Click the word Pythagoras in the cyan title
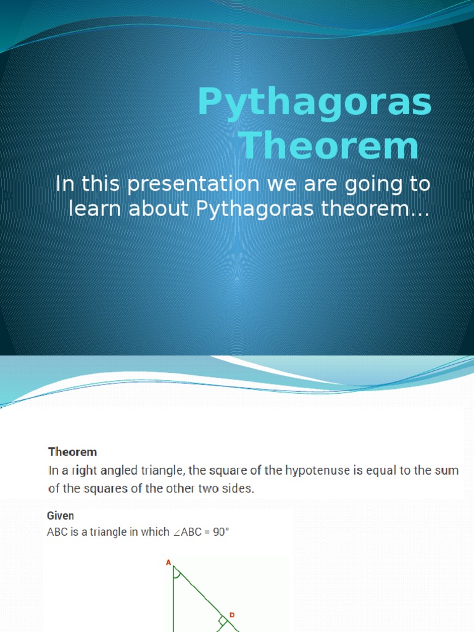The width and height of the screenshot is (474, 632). (315, 103)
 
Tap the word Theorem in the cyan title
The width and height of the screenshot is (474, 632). (330, 146)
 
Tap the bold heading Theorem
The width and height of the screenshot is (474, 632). (73, 452)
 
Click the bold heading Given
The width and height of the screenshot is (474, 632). (60, 515)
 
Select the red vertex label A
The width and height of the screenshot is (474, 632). (168, 563)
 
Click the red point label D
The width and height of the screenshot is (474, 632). (232, 615)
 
